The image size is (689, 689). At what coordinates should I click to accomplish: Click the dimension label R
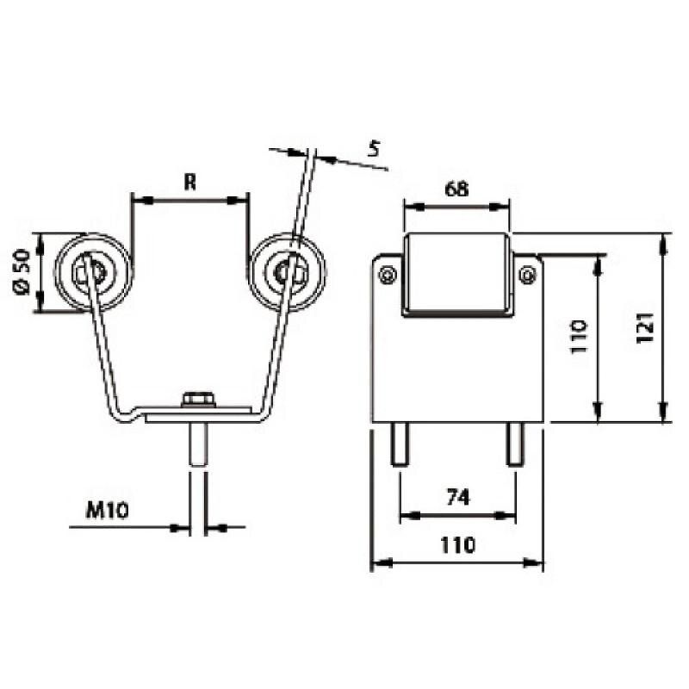[x=189, y=182]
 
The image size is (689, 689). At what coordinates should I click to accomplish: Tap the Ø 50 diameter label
[x=22, y=272]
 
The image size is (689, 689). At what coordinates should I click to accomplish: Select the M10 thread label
[x=107, y=510]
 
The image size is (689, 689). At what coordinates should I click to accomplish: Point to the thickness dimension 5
[x=374, y=148]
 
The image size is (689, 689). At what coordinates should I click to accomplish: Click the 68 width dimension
[x=457, y=189]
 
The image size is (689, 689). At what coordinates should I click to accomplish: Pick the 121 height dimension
[x=645, y=328]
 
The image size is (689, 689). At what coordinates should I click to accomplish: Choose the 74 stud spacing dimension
[x=458, y=498]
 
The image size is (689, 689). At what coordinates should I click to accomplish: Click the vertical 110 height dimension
[x=578, y=337]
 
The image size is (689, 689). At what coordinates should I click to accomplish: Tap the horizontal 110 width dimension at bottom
[x=458, y=545]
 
